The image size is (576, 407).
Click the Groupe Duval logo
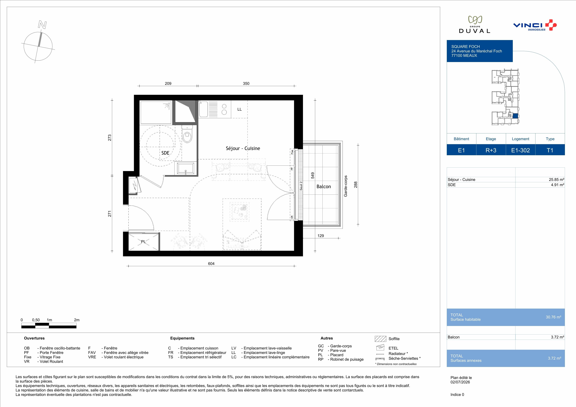click(x=474, y=25)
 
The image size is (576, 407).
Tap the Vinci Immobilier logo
click(x=535, y=25)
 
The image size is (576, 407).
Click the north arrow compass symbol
click(x=38, y=43)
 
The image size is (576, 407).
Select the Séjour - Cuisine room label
click(x=243, y=148)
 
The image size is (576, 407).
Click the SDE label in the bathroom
click(x=165, y=153)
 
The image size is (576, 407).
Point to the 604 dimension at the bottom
click(x=211, y=263)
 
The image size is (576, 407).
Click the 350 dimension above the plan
click(x=246, y=83)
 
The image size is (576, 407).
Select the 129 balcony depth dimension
click(x=321, y=236)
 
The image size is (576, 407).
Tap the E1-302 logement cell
click(x=521, y=150)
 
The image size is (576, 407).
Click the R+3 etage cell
click(x=491, y=150)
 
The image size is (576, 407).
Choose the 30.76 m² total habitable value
click(x=553, y=317)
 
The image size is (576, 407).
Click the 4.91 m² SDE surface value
click(x=557, y=185)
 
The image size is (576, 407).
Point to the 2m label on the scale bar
click(x=77, y=320)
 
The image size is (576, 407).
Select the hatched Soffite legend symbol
click(x=380, y=339)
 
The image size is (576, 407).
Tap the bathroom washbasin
click(x=186, y=168)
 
